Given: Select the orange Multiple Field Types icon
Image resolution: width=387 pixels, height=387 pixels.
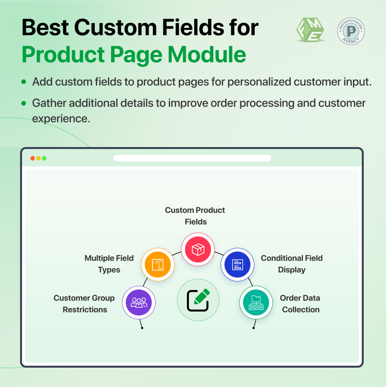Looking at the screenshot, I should point(158,265).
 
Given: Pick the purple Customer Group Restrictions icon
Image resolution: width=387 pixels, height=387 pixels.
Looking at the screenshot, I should point(139,302).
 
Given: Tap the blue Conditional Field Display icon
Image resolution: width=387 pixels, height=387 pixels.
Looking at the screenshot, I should point(237,265).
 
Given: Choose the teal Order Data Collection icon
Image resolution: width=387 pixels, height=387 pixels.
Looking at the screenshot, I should point(256,302).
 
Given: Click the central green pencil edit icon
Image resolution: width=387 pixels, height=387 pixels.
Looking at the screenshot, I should point(198,300).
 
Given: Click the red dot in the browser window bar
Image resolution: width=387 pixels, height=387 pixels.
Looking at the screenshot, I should point(33,158).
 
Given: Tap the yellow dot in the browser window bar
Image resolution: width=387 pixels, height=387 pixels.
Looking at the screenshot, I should point(38,158).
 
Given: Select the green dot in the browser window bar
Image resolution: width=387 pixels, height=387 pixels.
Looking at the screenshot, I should point(44,158).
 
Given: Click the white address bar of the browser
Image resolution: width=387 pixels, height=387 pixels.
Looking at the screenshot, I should point(192,158).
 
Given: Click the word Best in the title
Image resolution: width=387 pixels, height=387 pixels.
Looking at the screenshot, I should point(44,28).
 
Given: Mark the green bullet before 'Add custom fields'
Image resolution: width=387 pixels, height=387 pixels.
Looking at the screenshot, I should point(24,82).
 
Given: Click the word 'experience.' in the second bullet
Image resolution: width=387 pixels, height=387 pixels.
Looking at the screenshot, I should point(61,118).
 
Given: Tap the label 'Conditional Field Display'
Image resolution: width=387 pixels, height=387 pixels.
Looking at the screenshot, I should point(291,264).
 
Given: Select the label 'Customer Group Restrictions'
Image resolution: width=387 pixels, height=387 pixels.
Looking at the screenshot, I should point(84,303).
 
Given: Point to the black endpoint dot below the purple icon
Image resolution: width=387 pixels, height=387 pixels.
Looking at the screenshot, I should point(142,328).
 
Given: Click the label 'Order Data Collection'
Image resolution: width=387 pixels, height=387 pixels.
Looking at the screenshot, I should point(300,303).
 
